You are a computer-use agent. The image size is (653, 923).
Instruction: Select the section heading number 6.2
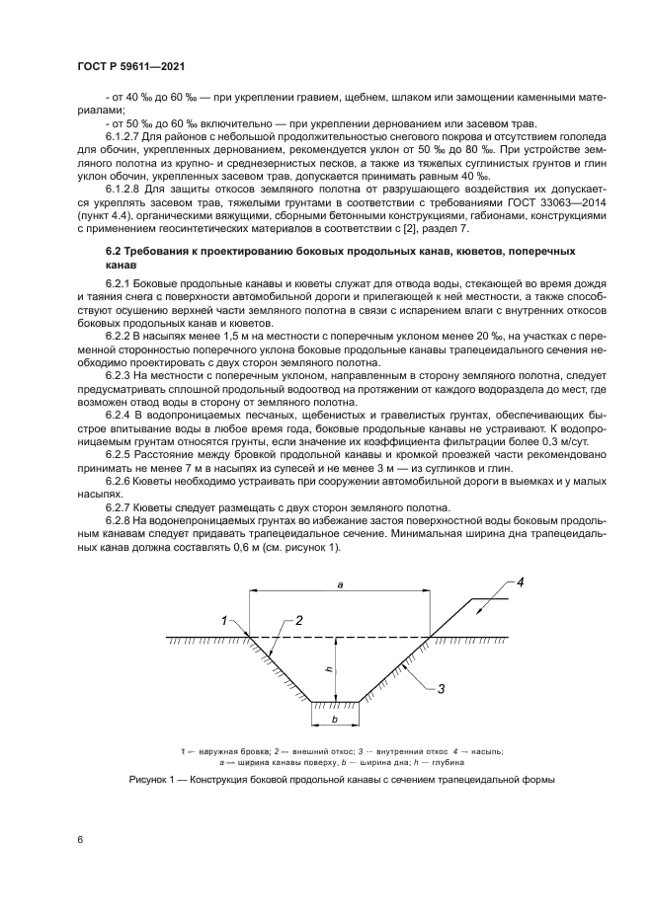point(115,253)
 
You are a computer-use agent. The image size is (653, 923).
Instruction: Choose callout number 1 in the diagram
point(224,620)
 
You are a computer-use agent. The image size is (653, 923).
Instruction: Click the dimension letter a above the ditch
point(339,585)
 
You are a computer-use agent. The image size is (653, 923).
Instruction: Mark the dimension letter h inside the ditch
point(328,669)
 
